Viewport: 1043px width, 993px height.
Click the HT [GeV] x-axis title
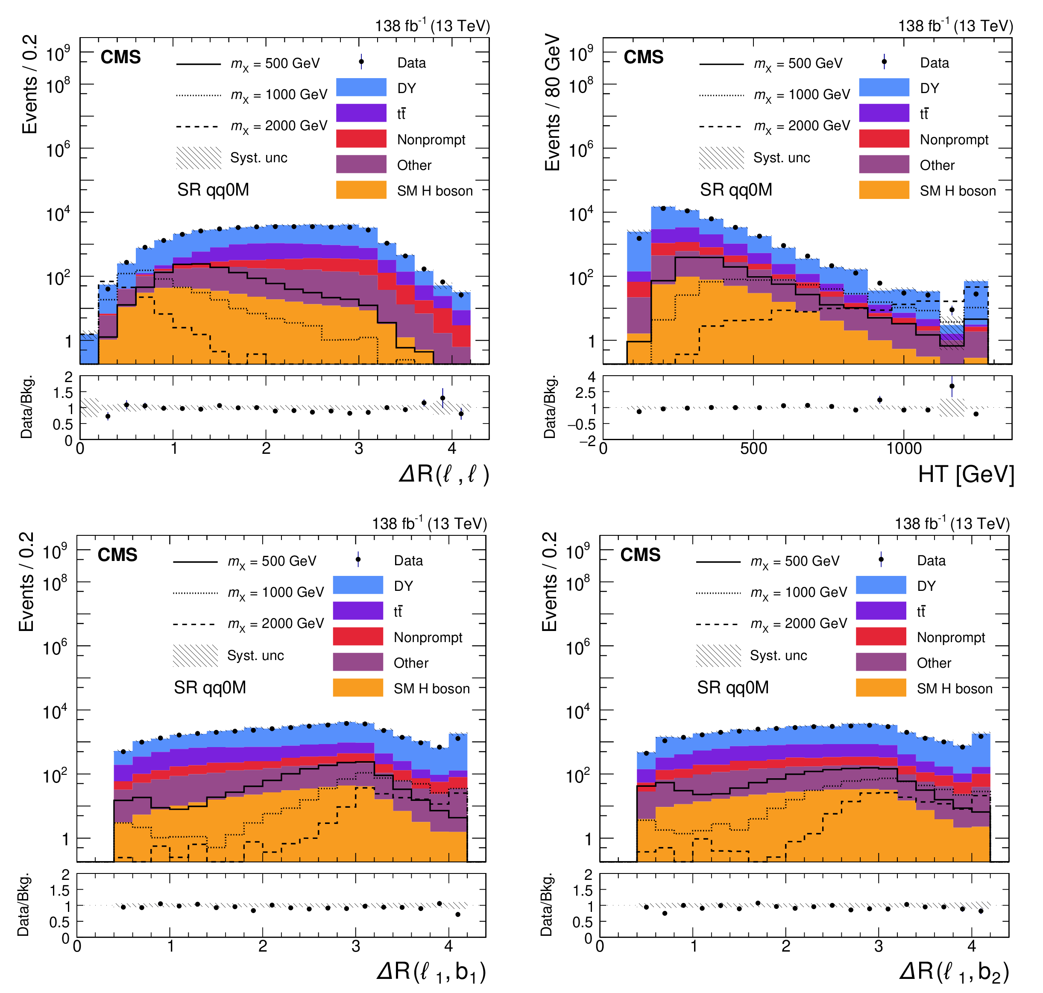(x=966, y=474)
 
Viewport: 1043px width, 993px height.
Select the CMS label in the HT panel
(x=643, y=57)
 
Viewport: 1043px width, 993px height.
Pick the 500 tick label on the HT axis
(x=753, y=449)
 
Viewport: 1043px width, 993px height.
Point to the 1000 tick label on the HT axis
(x=904, y=449)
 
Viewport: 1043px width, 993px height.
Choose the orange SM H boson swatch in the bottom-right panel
(x=881, y=688)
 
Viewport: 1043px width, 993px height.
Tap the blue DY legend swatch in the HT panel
(x=884, y=88)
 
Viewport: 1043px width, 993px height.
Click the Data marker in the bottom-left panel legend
(x=358, y=560)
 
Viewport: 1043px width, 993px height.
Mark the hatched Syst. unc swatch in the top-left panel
(x=199, y=158)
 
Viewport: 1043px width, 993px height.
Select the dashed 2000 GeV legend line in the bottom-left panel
(x=194, y=625)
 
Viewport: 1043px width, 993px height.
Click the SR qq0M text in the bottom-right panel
(x=733, y=688)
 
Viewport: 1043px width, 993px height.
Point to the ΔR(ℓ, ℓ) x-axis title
(x=444, y=474)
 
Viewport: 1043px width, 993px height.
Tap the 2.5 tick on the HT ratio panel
(x=586, y=393)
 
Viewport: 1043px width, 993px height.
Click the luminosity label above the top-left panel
(x=433, y=26)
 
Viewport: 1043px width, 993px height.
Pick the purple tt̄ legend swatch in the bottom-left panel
(x=358, y=610)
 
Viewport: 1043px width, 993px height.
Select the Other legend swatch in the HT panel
(x=884, y=164)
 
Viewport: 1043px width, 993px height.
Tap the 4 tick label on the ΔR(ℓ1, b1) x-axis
(x=448, y=946)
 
